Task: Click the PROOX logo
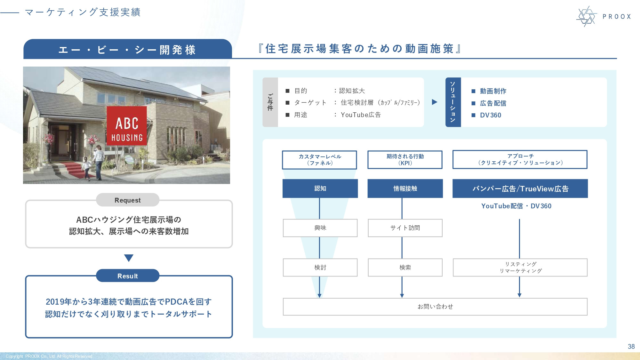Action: [x=603, y=16]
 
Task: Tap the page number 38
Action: [x=631, y=347]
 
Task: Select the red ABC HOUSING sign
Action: [x=127, y=126]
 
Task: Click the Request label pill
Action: [x=127, y=200]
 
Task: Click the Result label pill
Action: [x=127, y=276]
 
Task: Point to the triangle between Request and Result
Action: [x=129, y=258]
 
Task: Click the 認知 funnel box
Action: [x=320, y=188]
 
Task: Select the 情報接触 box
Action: [x=405, y=188]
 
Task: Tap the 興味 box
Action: [x=320, y=228]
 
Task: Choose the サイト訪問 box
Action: [x=405, y=228]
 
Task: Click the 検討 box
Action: [x=320, y=268]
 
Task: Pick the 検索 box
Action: [x=405, y=268]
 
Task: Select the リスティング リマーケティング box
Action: [x=520, y=268]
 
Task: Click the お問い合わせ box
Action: [x=435, y=307]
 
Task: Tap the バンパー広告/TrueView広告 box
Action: [x=520, y=188]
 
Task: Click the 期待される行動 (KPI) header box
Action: [x=405, y=160]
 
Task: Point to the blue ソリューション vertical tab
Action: [x=453, y=102]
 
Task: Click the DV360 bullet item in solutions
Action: [x=490, y=115]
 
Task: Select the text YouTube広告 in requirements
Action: [x=361, y=115]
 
